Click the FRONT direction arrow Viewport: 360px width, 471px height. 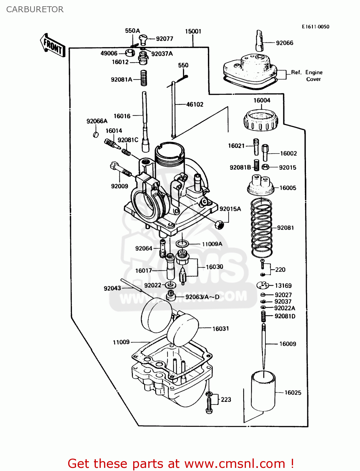pos(52,46)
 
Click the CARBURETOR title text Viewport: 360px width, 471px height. pos(35,9)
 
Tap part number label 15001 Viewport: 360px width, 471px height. pos(193,31)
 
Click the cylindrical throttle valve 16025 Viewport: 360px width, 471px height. pos(263,391)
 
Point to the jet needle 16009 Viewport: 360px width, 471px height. pos(264,345)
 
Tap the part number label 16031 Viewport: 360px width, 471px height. pos(221,329)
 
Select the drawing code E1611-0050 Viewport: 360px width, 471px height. pos(315,27)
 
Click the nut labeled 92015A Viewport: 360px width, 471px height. pos(219,225)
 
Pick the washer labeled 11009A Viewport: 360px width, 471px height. pos(182,244)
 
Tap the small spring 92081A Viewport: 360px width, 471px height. pos(144,78)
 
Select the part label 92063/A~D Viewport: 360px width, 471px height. pos(202,297)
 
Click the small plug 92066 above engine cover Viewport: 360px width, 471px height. pos(259,41)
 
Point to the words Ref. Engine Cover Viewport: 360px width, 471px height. pos(307,76)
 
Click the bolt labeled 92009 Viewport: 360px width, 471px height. pos(121,170)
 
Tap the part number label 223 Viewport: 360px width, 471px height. pos(226,400)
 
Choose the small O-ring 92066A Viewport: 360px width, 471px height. pos(96,135)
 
